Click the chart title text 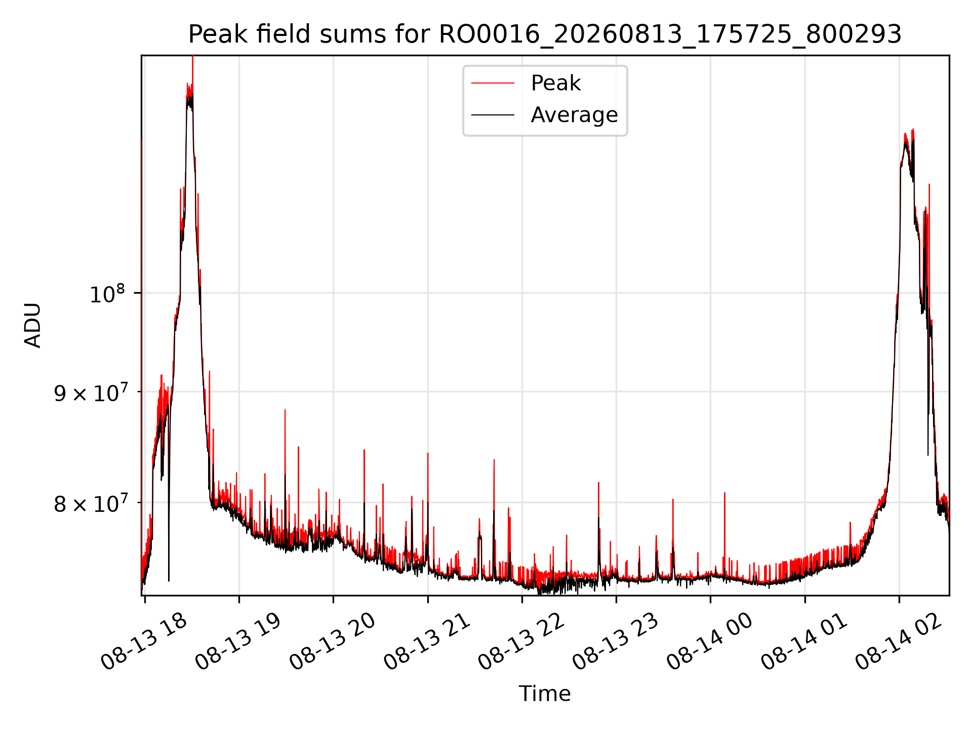pos(545,34)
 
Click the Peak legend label pos(555,83)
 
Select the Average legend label pos(574,115)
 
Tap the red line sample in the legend pos(493,84)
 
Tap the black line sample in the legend pos(493,115)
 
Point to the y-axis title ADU pos(33,325)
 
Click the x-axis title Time pos(545,694)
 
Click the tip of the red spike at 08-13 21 pos(428,453)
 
